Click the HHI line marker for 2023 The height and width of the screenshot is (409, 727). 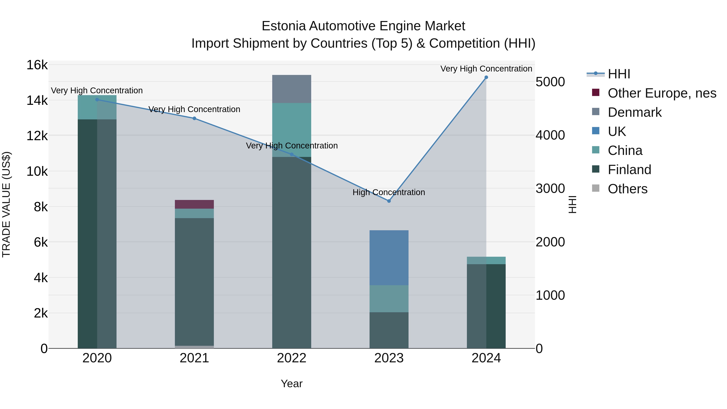(x=389, y=201)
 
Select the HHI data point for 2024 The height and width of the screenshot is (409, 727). (x=486, y=77)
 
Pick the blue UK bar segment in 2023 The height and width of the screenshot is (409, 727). (x=389, y=258)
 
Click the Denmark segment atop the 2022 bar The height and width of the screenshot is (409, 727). (x=292, y=89)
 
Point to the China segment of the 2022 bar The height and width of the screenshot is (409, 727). (x=292, y=130)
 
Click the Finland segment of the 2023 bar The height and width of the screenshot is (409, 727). (x=389, y=330)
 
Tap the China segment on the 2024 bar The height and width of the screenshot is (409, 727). (x=486, y=260)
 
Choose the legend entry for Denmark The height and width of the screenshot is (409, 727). (x=635, y=112)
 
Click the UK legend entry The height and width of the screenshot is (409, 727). (x=617, y=131)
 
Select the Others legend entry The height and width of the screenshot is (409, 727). (x=627, y=189)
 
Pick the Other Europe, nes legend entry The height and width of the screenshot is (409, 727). (x=662, y=93)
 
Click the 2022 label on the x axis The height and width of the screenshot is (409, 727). (x=292, y=358)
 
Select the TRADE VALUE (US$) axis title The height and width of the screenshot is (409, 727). (x=6, y=204)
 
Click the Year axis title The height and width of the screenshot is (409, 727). (x=292, y=384)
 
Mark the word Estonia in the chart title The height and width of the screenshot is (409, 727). (x=284, y=26)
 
